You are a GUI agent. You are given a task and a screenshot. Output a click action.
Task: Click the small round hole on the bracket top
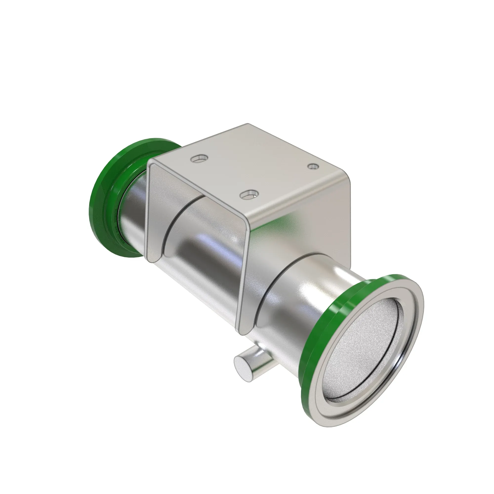pos(313,166)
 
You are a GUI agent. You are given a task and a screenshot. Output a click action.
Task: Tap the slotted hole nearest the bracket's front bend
pos(249,195)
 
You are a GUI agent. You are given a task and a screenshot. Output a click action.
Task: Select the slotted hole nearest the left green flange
pos(199,159)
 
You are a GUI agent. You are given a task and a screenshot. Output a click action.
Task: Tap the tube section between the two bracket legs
pos(210,256)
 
